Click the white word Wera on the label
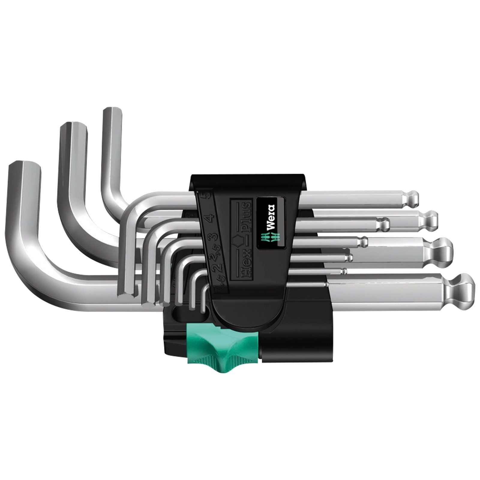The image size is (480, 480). pos(269,214)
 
